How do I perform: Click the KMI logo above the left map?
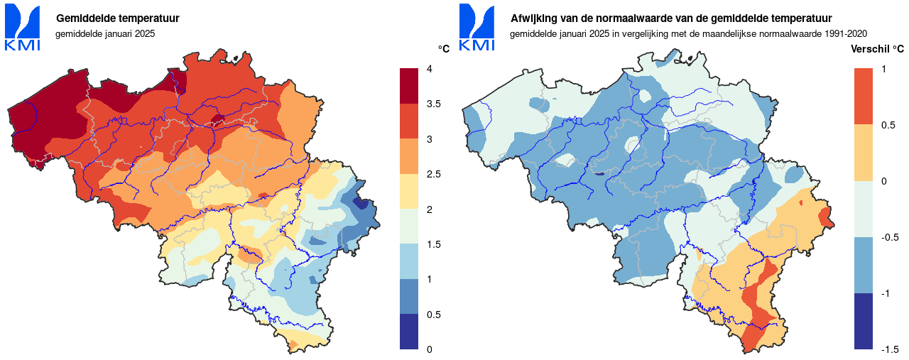pyautogui.click(x=22, y=28)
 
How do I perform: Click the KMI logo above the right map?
pyautogui.click(x=477, y=28)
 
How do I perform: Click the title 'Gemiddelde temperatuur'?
pyautogui.click(x=117, y=18)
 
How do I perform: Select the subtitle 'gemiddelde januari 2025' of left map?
pyautogui.click(x=104, y=33)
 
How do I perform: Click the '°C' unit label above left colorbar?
pyautogui.click(x=444, y=49)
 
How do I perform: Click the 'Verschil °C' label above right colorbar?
pyautogui.click(x=878, y=49)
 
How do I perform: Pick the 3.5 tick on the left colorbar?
pyautogui.click(x=435, y=104)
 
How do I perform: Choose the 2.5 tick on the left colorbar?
pyautogui.click(x=435, y=175)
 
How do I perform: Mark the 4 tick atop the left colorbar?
pyautogui.click(x=429, y=69)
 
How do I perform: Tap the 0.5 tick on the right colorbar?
pyautogui.click(x=888, y=125)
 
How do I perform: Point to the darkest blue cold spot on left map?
pyautogui.click(x=362, y=204)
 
